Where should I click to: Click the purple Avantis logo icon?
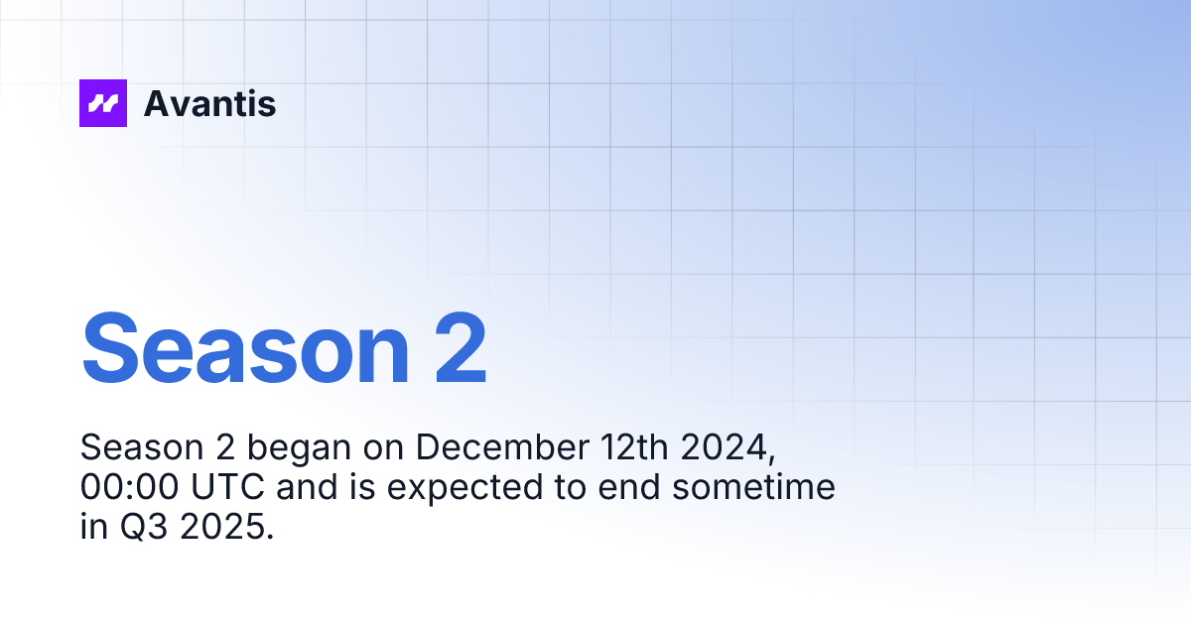coord(103,103)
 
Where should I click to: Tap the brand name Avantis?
coord(209,103)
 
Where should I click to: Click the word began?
coord(299,448)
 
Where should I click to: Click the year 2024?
coord(729,448)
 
